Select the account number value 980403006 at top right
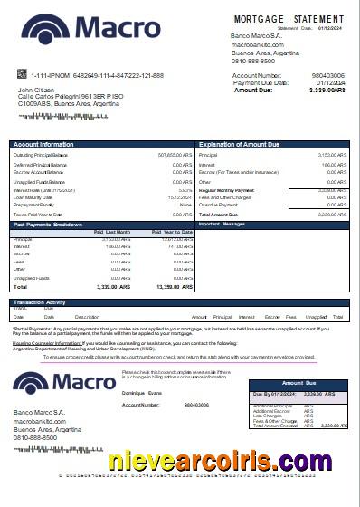327,76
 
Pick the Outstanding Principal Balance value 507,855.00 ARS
175,154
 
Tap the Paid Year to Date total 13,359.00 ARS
177,286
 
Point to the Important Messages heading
222,224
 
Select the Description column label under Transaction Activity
87,317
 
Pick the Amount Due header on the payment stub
298,384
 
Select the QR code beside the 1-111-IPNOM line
21,74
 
